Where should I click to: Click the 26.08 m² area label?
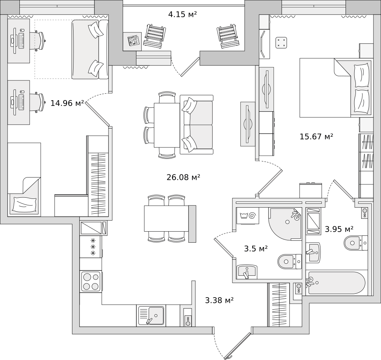(x=183, y=177)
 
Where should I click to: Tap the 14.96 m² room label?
(x=67, y=103)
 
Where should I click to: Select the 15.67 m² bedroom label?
(x=316, y=136)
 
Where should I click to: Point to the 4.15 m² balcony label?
(x=182, y=14)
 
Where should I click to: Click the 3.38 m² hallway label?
(x=219, y=301)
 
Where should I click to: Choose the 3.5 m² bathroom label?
(x=256, y=249)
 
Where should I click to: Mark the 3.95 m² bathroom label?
(x=339, y=229)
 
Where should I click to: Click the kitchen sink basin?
(x=151, y=315)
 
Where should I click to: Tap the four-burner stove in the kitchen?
(x=91, y=281)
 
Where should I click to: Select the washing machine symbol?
(x=248, y=216)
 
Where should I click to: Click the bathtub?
(x=337, y=283)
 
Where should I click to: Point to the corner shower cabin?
(x=285, y=224)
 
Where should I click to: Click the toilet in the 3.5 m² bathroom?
(x=290, y=262)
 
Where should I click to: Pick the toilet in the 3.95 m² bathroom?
(x=356, y=243)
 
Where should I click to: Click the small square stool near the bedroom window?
(x=282, y=43)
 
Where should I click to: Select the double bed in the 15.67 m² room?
(x=335, y=88)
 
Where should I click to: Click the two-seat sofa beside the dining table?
(x=197, y=125)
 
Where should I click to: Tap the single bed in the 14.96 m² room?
(x=24, y=179)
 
